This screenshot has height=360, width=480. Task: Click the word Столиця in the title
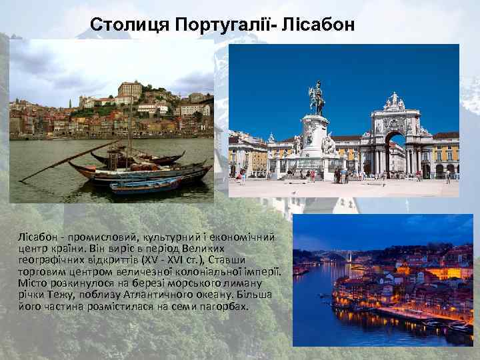(x=129, y=25)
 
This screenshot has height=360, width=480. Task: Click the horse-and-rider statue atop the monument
(x=316, y=99)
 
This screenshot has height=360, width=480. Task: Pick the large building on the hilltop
(x=130, y=89)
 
